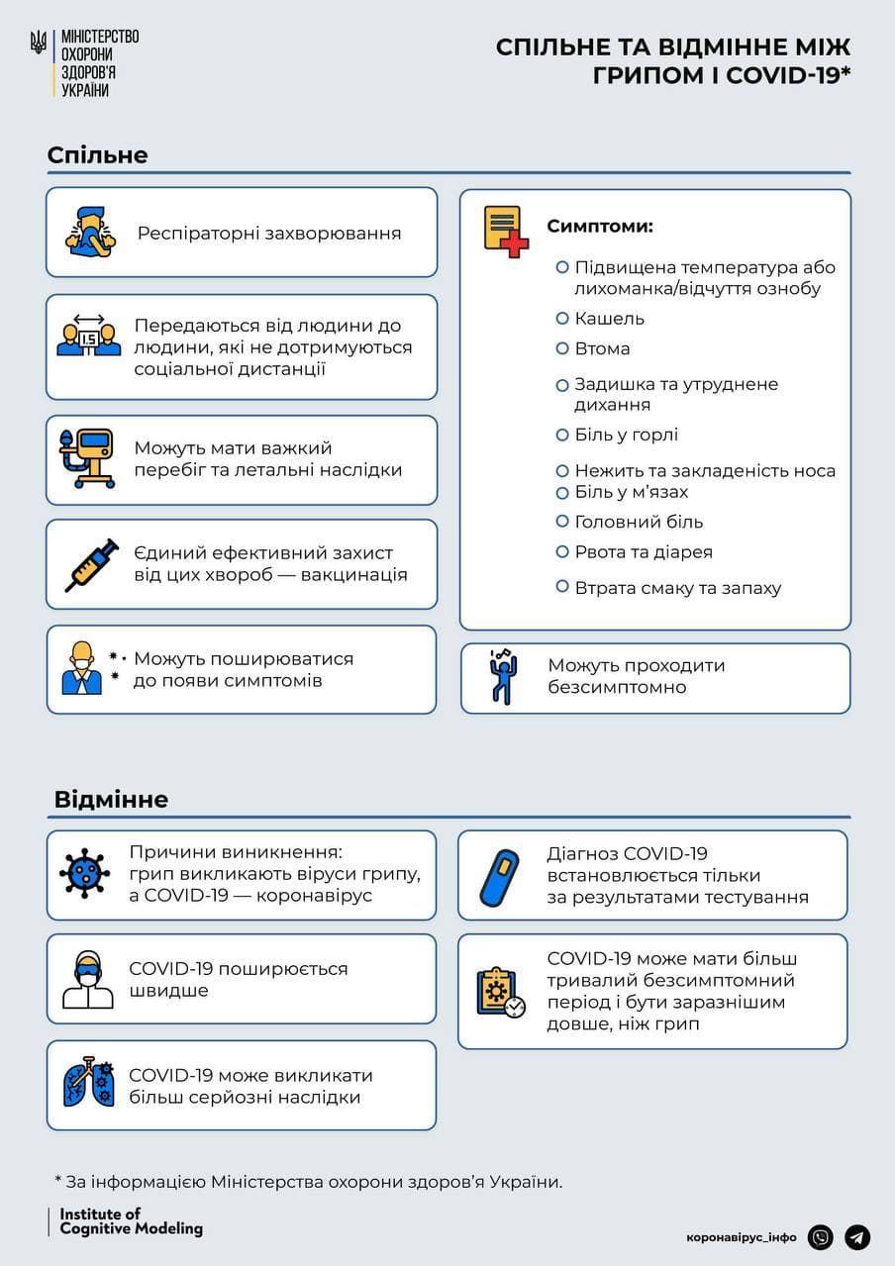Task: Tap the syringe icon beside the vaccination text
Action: click(x=91, y=565)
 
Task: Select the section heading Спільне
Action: click(x=97, y=155)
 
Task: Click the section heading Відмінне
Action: click(x=111, y=799)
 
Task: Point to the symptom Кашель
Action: click(x=609, y=319)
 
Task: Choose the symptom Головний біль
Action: click(x=639, y=522)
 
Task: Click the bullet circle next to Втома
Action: click(x=561, y=348)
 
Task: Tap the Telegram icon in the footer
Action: click(x=857, y=1237)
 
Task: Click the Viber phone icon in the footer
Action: click(x=820, y=1237)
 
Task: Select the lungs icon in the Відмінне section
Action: click(x=88, y=1085)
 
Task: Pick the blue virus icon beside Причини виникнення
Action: click(x=85, y=873)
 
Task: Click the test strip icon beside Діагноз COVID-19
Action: click(x=499, y=875)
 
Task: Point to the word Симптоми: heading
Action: click(x=600, y=227)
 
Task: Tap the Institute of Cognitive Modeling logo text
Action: click(x=131, y=1221)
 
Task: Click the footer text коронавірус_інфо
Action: click(x=741, y=1237)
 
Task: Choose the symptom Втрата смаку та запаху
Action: click(x=677, y=588)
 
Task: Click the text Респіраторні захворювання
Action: click(x=269, y=234)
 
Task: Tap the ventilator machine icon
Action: click(x=87, y=458)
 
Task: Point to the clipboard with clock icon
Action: click(x=500, y=993)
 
